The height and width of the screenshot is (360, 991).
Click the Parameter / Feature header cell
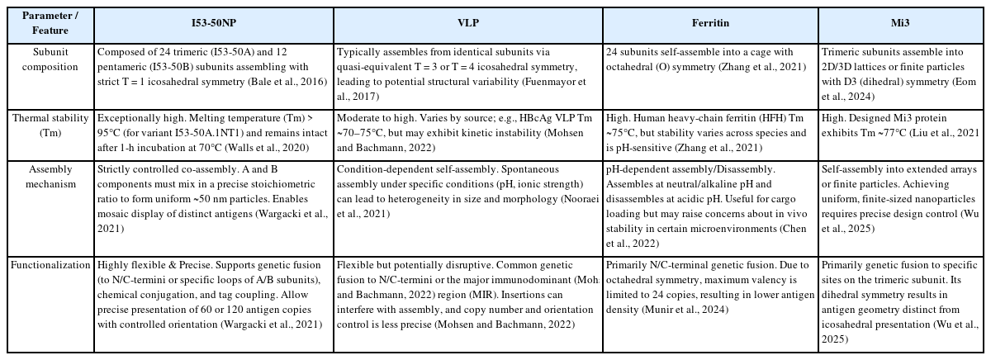coord(46,23)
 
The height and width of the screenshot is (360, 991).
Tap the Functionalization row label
coord(46,265)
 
